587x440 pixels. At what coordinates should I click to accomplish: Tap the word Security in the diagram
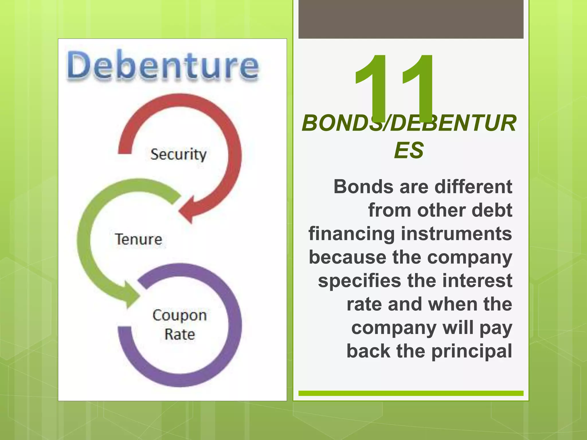point(178,155)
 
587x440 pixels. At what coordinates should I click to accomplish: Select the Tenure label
point(138,239)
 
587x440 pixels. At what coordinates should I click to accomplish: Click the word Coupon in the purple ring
point(180,315)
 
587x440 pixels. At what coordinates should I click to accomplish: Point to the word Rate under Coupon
point(180,334)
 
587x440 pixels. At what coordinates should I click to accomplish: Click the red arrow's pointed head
point(186,211)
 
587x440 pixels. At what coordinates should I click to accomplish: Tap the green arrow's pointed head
point(130,295)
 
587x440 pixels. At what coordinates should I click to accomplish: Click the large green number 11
point(394,86)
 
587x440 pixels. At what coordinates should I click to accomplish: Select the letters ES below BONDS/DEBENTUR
point(409,150)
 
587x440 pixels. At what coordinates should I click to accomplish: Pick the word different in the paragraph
point(473,187)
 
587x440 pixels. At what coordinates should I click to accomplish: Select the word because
point(347,257)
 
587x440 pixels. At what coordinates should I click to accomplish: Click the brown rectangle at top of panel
point(411,19)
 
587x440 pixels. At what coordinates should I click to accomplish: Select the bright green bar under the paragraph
point(411,393)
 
